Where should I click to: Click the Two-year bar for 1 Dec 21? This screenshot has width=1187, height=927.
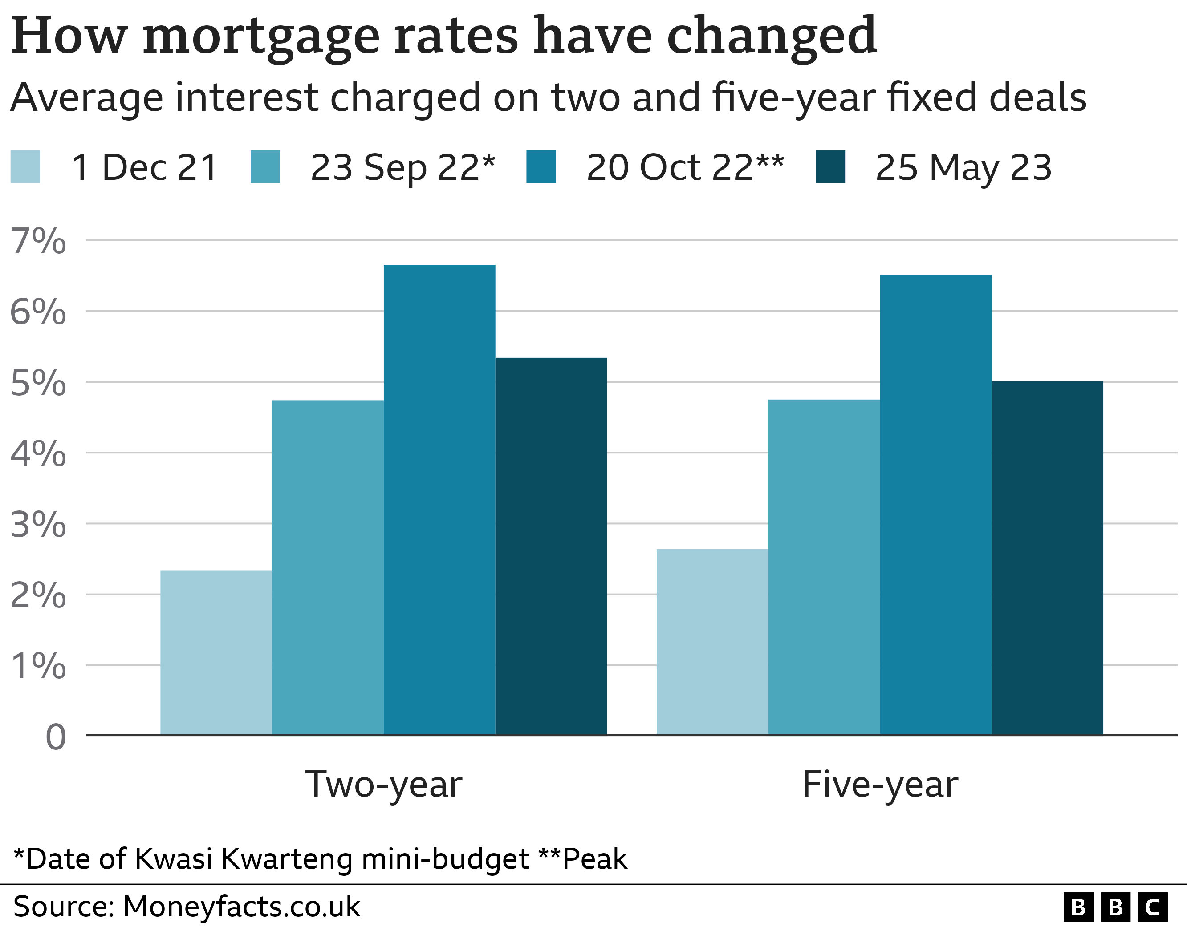click(216, 652)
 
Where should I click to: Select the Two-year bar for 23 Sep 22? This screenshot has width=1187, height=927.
click(328, 567)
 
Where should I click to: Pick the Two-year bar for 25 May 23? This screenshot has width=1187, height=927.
click(551, 546)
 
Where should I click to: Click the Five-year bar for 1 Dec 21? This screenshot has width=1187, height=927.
click(712, 642)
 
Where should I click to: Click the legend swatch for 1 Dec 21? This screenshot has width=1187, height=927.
click(25, 167)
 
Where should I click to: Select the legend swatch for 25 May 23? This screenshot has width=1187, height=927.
click(830, 167)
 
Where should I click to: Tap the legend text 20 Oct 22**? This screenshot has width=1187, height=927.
click(685, 167)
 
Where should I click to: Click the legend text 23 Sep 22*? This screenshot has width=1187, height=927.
click(402, 167)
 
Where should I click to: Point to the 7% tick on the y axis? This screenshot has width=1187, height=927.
click(38, 241)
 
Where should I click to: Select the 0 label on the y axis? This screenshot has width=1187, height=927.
click(56, 737)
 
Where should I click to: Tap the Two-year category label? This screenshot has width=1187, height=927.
click(384, 785)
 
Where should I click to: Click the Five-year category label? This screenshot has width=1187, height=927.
click(880, 785)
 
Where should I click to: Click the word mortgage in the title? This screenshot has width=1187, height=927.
click(261, 37)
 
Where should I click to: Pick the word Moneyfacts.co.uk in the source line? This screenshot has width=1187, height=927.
click(241, 907)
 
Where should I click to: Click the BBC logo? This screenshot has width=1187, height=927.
click(1115, 907)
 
